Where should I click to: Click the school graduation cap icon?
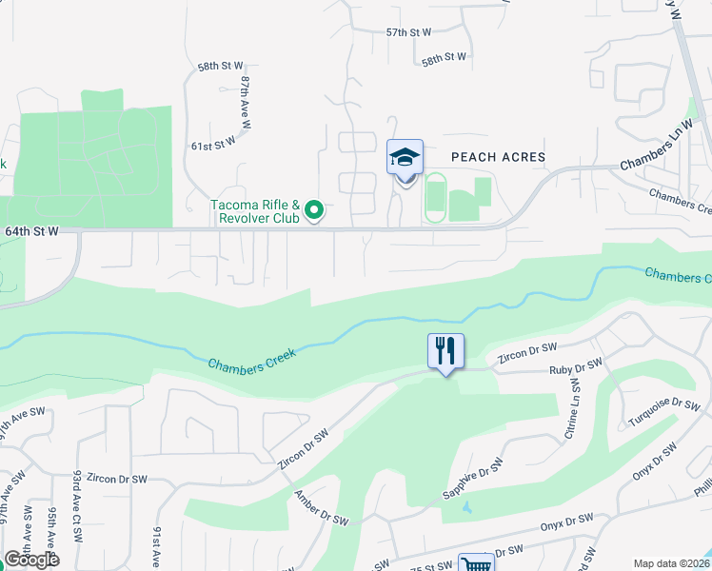405,157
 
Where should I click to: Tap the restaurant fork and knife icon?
445,350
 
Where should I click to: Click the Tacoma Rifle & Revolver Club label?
255,211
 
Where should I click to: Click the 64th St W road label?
31,230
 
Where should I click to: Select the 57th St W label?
409,31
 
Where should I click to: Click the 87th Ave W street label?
246,103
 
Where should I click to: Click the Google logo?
31,560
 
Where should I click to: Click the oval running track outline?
435,198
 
